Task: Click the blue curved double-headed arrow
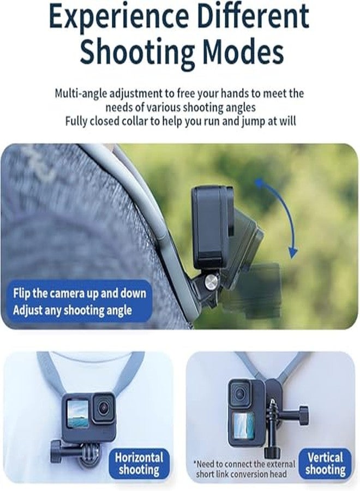click(x=278, y=218)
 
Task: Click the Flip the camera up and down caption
click(x=80, y=293)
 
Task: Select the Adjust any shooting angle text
click(x=72, y=310)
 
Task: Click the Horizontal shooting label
click(x=139, y=463)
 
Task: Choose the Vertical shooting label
click(x=325, y=463)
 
